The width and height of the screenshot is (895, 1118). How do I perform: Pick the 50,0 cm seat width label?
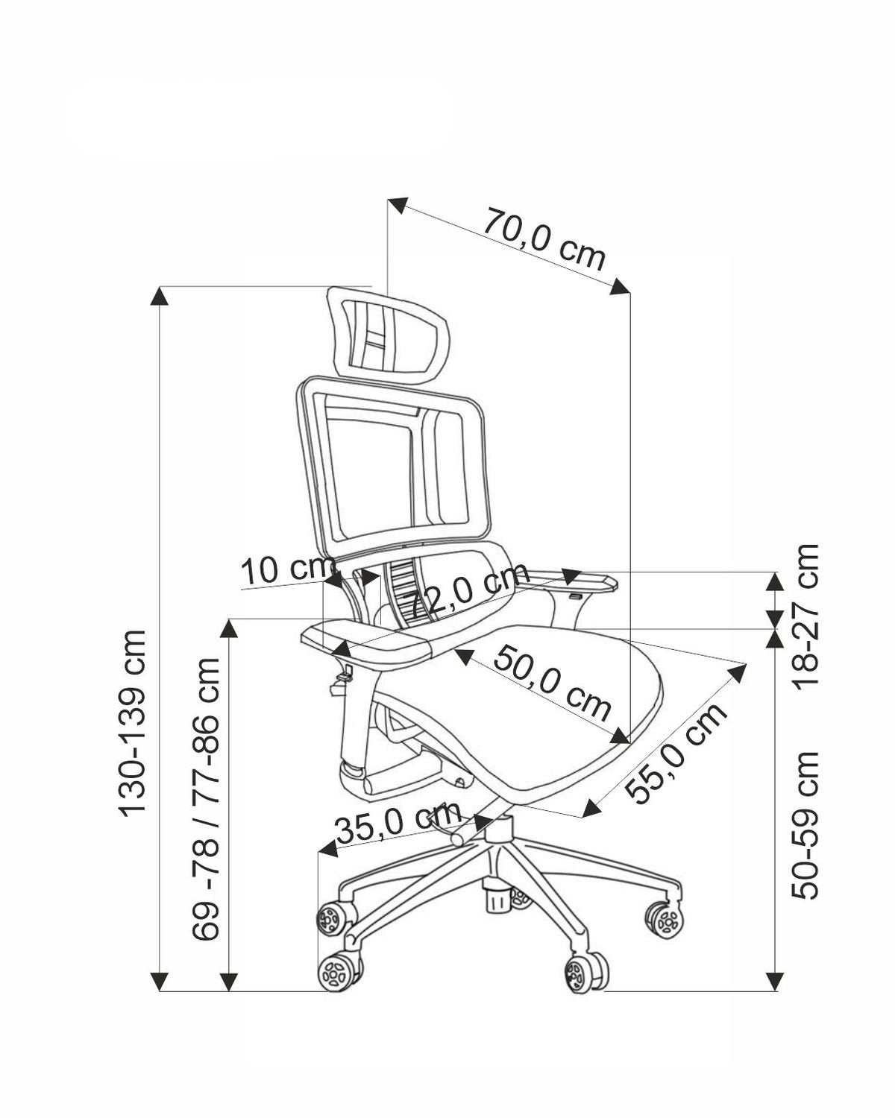(551, 683)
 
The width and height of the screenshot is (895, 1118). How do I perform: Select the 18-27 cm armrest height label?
(805, 615)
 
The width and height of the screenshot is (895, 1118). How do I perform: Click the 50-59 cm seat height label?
(805, 824)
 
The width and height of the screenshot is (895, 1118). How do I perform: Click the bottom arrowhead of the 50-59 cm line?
(776, 982)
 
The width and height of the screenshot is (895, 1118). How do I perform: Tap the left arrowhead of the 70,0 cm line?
(398, 205)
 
